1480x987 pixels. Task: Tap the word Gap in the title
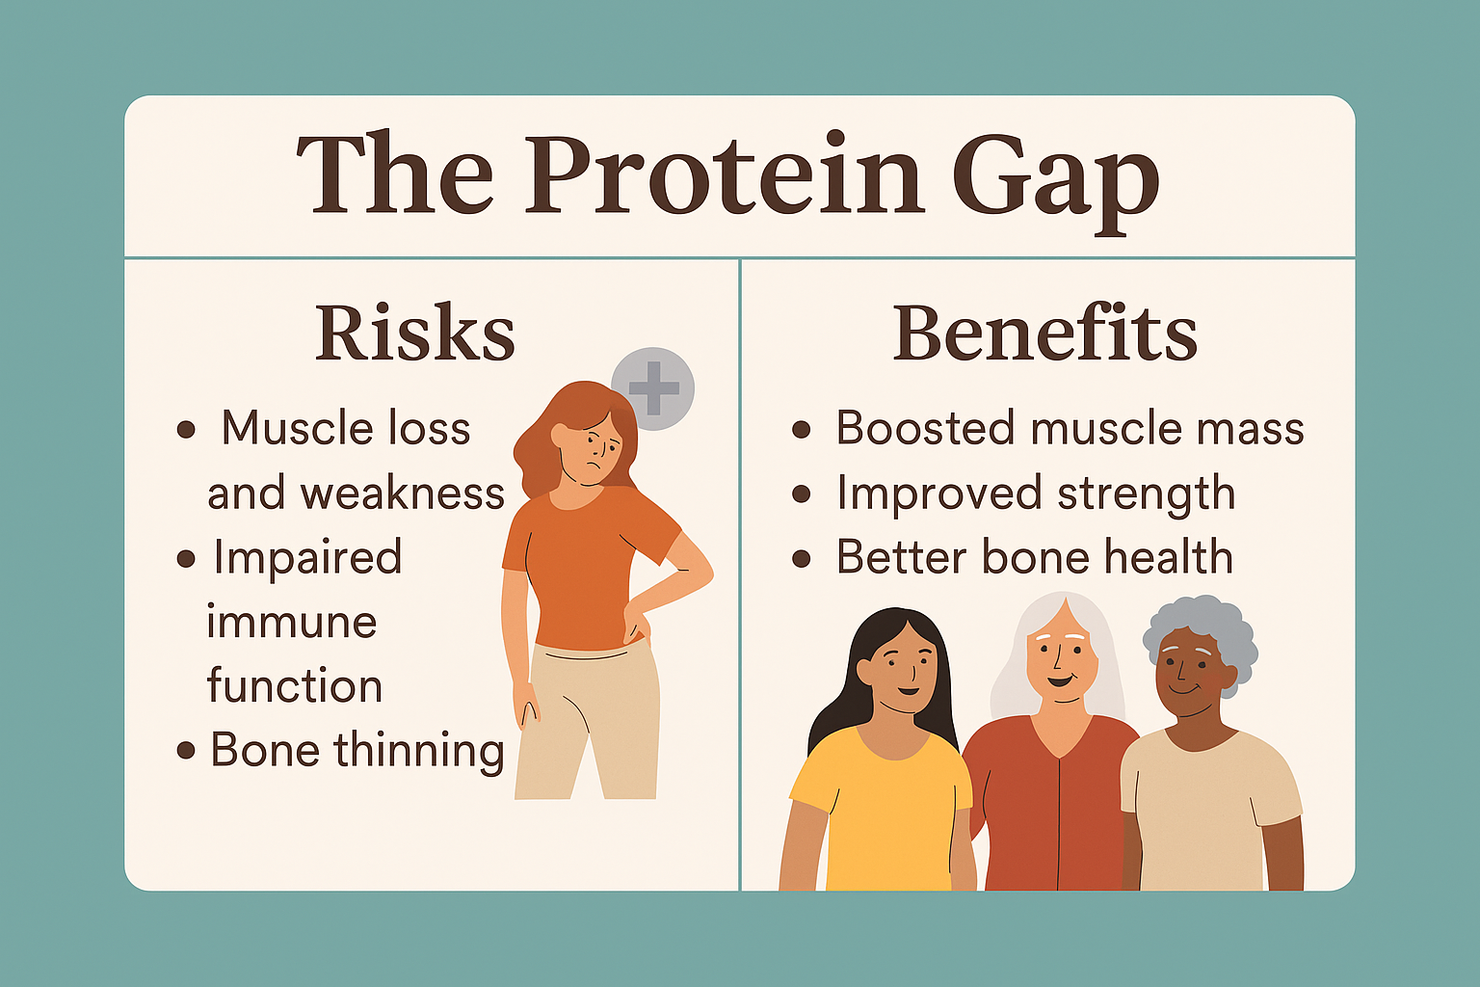click(x=1055, y=182)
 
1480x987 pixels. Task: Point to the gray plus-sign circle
click(x=652, y=388)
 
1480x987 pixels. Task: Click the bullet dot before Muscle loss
click(x=186, y=430)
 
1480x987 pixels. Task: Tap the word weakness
click(x=403, y=493)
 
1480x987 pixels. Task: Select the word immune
click(x=291, y=622)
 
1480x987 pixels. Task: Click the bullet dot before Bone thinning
click(x=186, y=750)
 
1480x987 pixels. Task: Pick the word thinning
click(x=419, y=752)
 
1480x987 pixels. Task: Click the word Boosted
click(x=925, y=428)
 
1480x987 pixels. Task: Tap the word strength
click(x=1147, y=494)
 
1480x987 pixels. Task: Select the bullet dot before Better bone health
click(x=802, y=559)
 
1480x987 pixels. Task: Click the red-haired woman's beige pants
click(x=588, y=721)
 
